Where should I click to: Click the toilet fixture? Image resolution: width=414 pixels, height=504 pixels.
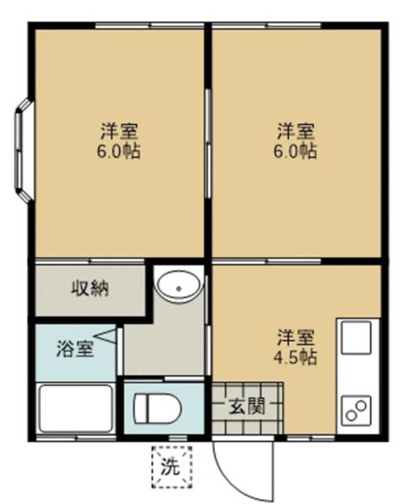pyautogui.click(x=158, y=409)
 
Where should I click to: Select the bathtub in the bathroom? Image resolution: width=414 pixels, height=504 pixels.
pyautogui.click(x=75, y=409)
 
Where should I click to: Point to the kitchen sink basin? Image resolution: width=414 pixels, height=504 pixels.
pyautogui.click(x=356, y=340)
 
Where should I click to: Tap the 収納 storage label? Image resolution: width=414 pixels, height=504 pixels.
pyautogui.click(x=88, y=290)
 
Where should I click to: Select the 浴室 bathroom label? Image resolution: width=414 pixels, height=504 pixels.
pyautogui.click(x=75, y=346)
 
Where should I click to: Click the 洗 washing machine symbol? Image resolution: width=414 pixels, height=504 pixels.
pyautogui.click(x=171, y=468)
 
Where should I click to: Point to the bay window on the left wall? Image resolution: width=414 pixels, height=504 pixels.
pyautogui.click(x=24, y=151)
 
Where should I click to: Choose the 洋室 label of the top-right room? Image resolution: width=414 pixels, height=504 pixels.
pyautogui.click(x=296, y=132)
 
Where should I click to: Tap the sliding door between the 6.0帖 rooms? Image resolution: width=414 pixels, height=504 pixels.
pyautogui.click(x=207, y=143)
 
